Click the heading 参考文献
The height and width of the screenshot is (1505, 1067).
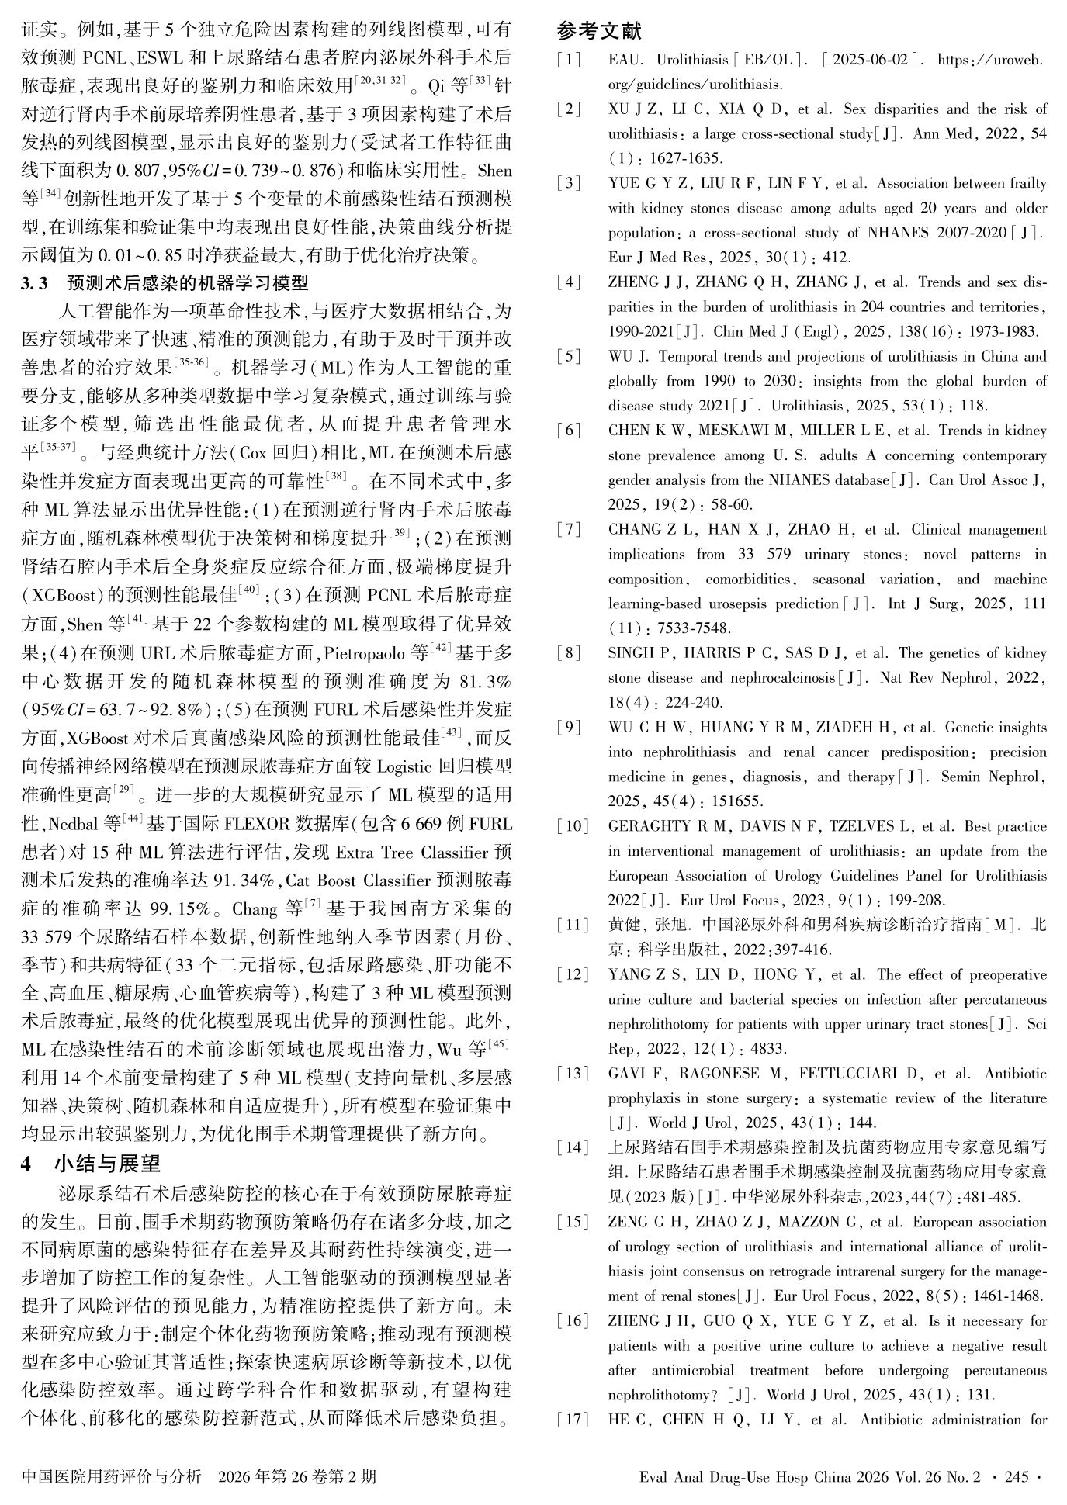click(599, 31)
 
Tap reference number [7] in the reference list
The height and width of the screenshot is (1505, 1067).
click(572, 530)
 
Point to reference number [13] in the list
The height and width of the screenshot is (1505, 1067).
click(572, 1074)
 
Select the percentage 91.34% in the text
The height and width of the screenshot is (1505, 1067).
click(240, 881)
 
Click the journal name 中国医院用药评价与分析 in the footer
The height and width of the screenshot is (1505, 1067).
click(113, 1476)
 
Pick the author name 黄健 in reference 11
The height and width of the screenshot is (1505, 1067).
click(623, 925)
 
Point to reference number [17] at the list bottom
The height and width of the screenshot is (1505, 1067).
click(572, 1420)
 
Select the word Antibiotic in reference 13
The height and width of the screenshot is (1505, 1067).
click(1016, 1074)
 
